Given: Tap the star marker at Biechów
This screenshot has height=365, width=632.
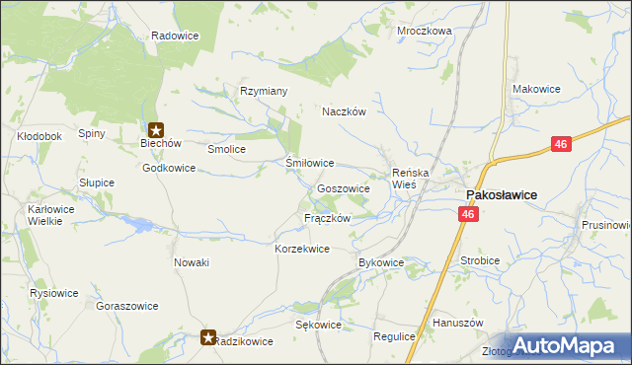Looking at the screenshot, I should coord(156,128).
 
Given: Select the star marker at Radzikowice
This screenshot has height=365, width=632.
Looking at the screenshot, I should coord(208,337).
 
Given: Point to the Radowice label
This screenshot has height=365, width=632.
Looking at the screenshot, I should coord(175,36).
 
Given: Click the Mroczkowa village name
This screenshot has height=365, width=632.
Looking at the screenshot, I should coord(424,31).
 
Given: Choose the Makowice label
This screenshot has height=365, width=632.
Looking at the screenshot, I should coord(536,89).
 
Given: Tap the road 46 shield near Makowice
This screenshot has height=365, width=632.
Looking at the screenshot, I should coord(561,145).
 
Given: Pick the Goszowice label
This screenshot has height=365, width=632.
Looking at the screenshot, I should coord(344,188).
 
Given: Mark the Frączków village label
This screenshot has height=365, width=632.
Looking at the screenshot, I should coord(328,218).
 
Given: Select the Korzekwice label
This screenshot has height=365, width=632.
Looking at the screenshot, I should coord(301,250).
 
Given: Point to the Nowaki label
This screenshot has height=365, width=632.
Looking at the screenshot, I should coord(192,262).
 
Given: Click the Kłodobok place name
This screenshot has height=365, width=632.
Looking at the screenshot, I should coord(40,136).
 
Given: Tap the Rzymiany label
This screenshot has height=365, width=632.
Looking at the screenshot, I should coord(264,92).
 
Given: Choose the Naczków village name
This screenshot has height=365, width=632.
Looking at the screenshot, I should coord(344,112).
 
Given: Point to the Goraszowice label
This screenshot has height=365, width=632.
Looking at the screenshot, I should coord(127,306).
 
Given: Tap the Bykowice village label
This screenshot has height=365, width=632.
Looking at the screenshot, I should coord(381,263).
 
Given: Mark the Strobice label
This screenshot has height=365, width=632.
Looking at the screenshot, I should coord(480,261).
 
